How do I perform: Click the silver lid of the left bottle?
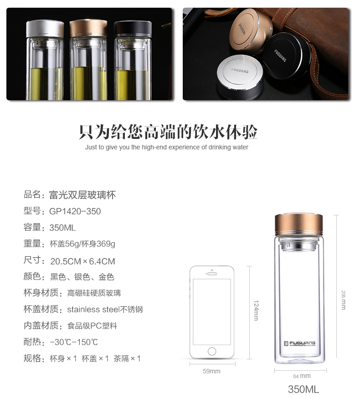click(x=45, y=29)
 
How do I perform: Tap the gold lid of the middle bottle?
click(x=88, y=28)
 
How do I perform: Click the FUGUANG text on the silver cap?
click(x=240, y=70)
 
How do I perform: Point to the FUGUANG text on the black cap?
click(x=280, y=56)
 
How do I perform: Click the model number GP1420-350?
click(x=75, y=211)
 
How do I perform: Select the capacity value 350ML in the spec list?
click(x=62, y=228)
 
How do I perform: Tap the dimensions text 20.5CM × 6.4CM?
click(x=82, y=261)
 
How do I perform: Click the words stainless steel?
click(x=93, y=309)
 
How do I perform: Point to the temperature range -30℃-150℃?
click(x=74, y=342)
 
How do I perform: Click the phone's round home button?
click(x=212, y=351)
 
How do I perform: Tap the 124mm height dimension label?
click(x=256, y=311)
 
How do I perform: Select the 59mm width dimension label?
click(x=211, y=371)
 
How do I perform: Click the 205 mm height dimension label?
click(x=343, y=300)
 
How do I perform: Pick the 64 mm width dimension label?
click(x=302, y=376)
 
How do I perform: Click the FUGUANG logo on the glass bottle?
click(x=300, y=343)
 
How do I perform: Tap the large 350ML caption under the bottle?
click(x=303, y=389)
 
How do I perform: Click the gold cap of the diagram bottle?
click(x=299, y=224)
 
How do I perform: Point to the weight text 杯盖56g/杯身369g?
click(x=82, y=244)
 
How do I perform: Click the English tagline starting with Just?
click(x=167, y=147)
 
